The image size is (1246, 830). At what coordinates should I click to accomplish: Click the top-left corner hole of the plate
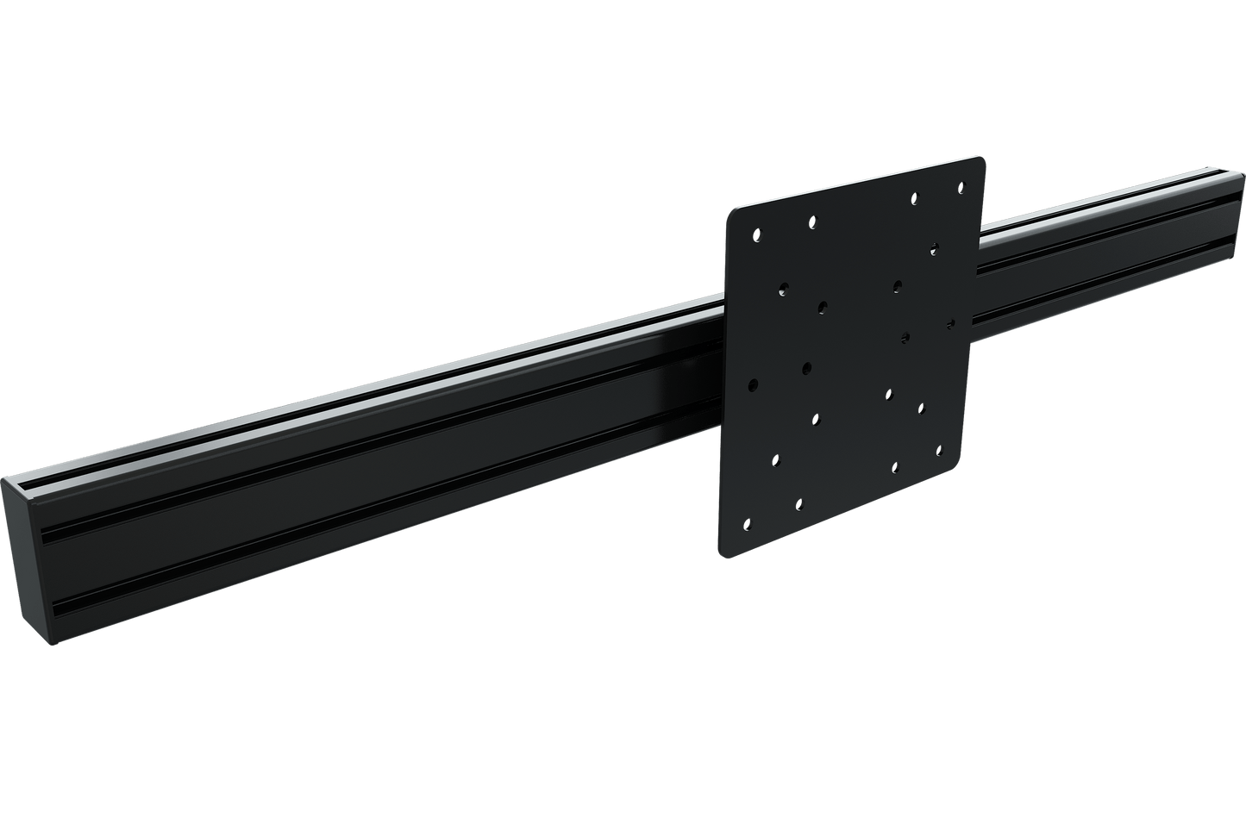757,234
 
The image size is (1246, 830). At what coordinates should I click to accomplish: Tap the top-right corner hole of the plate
958,185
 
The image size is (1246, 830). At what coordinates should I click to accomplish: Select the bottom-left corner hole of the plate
748,522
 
